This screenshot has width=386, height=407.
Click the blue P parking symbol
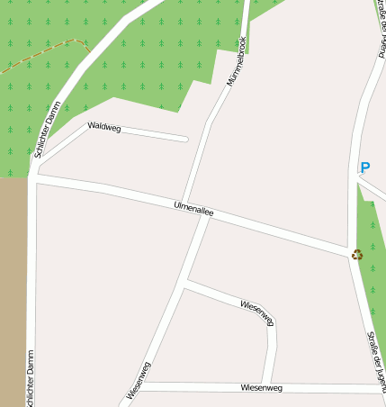click(364, 167)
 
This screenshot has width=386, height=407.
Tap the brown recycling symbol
click(357, 255)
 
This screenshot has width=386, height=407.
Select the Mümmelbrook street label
click(236, 60)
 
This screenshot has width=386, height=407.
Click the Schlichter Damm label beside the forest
click(47, 131)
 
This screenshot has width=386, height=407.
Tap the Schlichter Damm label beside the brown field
click(30, 378)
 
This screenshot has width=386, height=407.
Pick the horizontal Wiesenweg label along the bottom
click(262, 387)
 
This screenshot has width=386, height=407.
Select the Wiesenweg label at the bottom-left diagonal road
click(139, 379)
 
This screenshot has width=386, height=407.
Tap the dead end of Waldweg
click(185, 139)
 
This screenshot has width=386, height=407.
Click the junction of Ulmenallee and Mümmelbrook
click(209, 215)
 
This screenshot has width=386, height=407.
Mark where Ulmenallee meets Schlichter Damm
click(34, 178)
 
